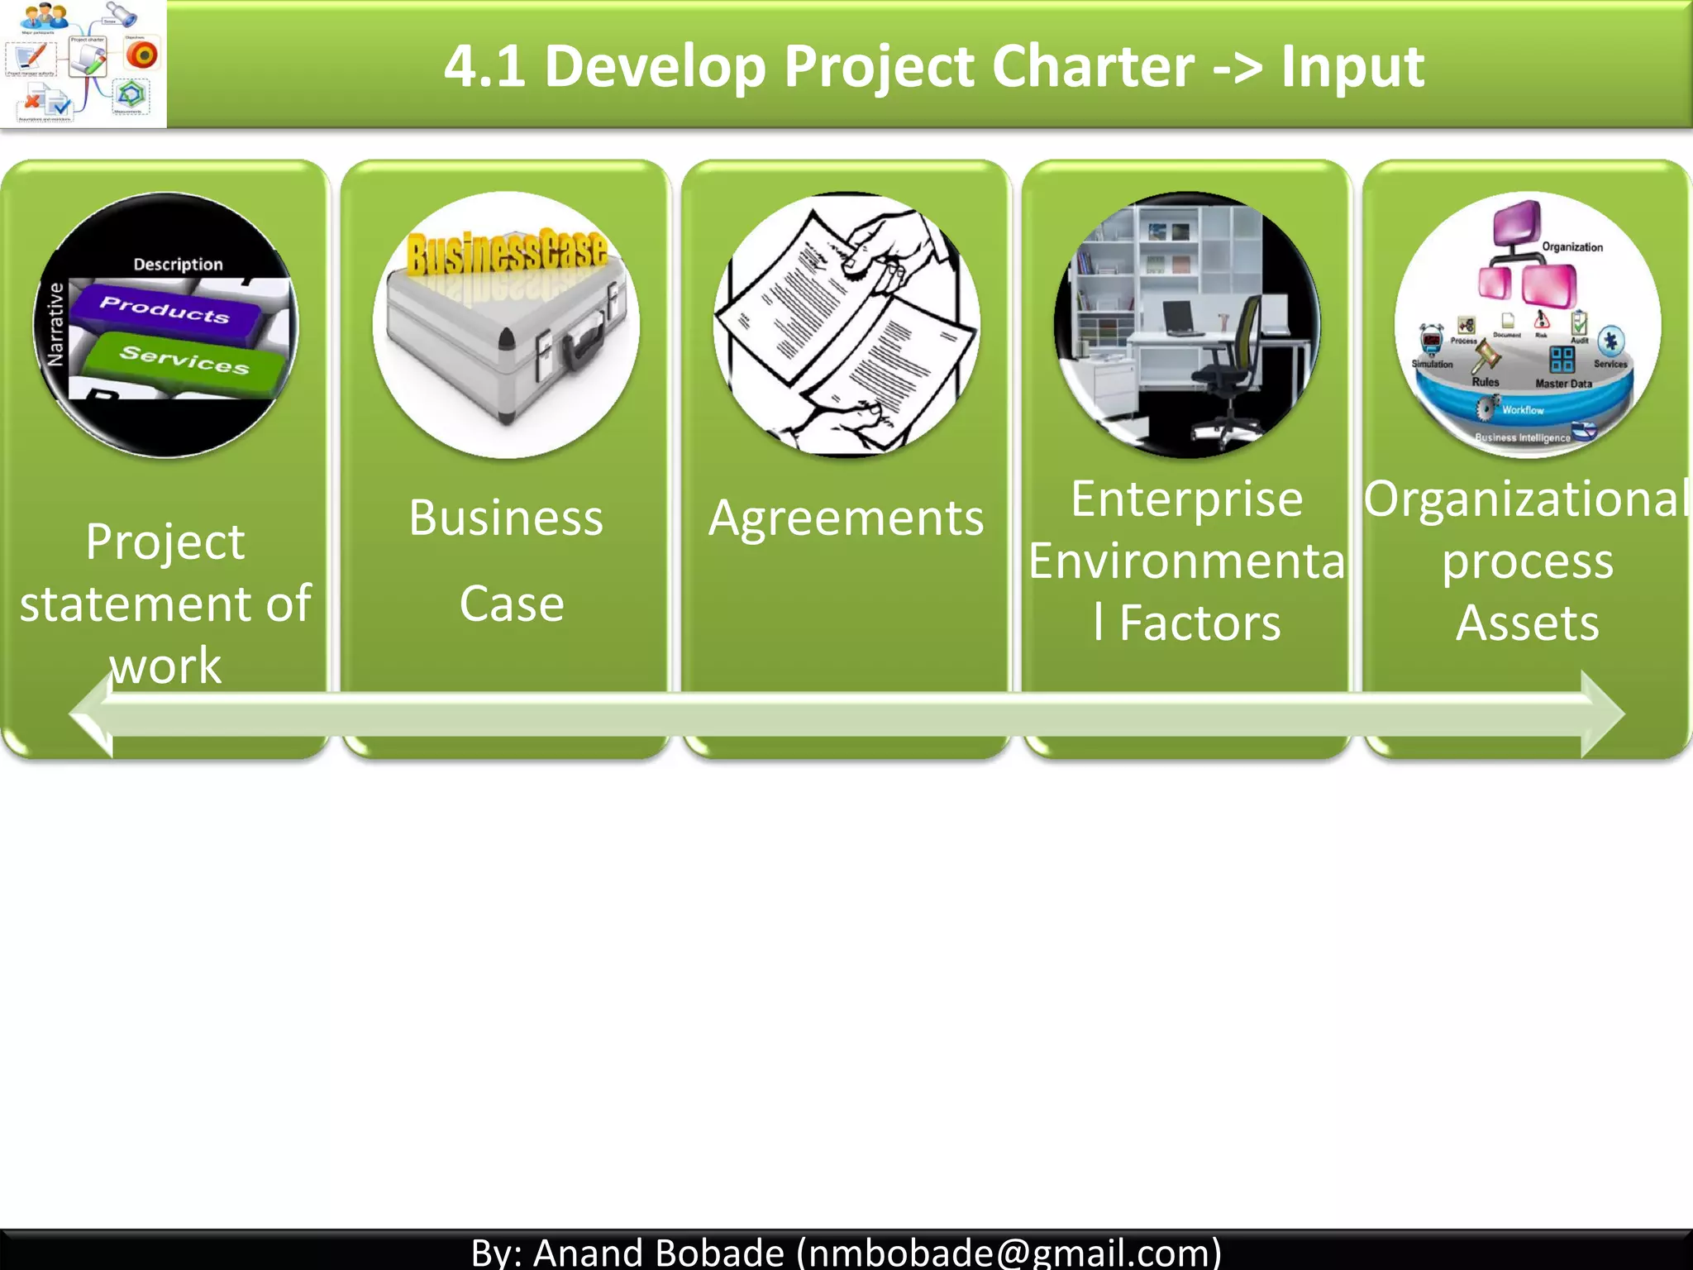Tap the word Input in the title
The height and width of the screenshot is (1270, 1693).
1352,66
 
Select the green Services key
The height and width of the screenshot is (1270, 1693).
184,360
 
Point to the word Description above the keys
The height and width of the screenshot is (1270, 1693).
178,265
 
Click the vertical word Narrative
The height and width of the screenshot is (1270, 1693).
55,324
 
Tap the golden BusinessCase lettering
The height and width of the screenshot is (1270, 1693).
507,252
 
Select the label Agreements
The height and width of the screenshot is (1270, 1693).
846,518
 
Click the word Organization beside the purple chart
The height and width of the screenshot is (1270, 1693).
1571,247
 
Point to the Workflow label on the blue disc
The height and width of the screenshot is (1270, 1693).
1522,410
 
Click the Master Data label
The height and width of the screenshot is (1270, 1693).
1563,384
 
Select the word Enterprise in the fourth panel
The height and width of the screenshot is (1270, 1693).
1186,499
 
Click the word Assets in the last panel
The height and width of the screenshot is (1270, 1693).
1527,623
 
